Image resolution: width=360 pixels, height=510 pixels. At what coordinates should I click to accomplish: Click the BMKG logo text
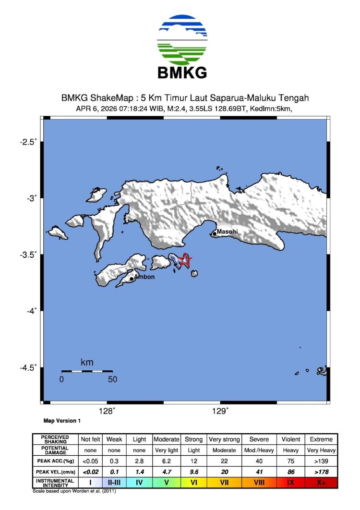pos(182,73)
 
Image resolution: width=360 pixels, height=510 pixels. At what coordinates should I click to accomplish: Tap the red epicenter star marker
pos(185,260)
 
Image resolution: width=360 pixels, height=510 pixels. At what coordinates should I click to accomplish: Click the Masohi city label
pos(227,231)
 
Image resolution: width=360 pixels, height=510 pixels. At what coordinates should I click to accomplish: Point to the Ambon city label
pos(144,277)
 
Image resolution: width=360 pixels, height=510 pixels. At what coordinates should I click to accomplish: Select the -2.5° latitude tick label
pos(29,142)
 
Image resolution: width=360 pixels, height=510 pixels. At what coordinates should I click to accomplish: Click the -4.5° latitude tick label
pos(29,368)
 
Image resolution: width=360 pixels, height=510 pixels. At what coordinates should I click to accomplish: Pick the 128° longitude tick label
pos(107,411)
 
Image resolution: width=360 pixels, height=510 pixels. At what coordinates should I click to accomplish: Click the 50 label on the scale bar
pos(112,379)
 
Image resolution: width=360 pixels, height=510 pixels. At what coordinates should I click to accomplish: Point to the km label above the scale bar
pos(87,363)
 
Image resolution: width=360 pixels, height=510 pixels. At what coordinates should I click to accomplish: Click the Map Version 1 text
pos(62,421)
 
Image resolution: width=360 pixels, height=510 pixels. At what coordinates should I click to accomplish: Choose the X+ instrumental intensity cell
pos(321,482)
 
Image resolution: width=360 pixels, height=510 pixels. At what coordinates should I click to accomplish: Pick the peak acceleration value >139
pos(321,461)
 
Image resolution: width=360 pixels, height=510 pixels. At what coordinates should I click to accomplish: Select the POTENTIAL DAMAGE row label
pos(54,450)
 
